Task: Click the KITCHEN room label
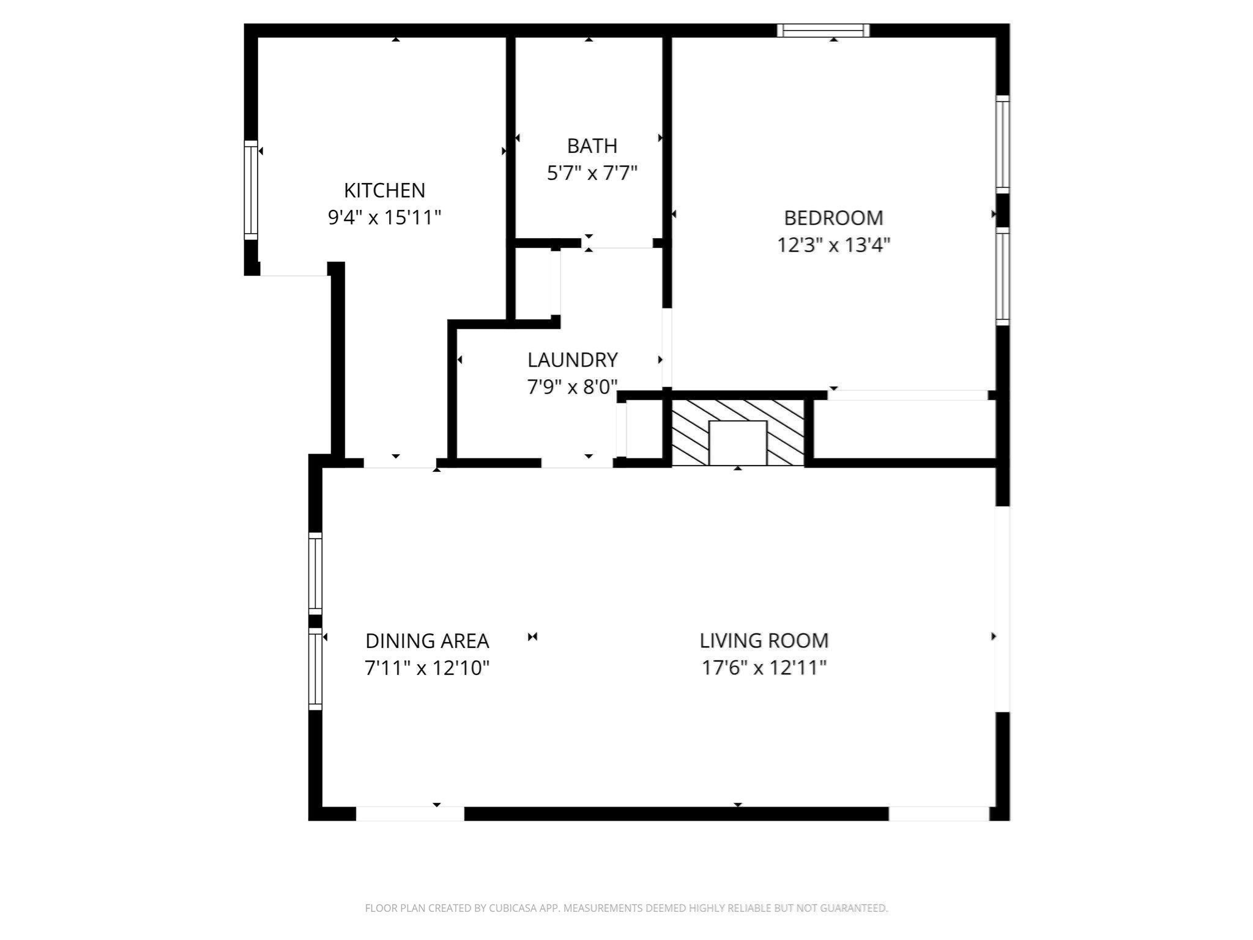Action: click(x=384, y=190)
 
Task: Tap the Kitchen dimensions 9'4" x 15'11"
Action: click(x=384, y=217)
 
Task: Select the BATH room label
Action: click(x=592, y=146)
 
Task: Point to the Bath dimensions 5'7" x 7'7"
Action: click(x=592, y=173)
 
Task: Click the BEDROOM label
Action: click(x=833, y=218)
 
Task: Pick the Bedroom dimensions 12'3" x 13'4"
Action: click(x=833, y=245)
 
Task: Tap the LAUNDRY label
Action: click(x=572, y=360)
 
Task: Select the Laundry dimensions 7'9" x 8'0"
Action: click(x=572, y=387)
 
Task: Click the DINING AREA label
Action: click(x=427, y=641)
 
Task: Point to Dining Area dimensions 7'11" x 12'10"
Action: click(x=427, y=668)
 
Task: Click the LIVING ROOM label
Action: click(x=764, y=641)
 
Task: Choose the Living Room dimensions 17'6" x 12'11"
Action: click(x=764, y=668)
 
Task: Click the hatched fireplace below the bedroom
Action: click(x=737, y=432)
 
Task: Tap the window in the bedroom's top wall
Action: click(x=823, y=30)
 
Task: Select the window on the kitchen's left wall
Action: click(x=251, y=190)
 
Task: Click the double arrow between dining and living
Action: click(x=532, y=637)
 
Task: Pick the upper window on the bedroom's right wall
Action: click(x=1002, y=144)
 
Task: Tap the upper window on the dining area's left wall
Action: click(x=315, y=573)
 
